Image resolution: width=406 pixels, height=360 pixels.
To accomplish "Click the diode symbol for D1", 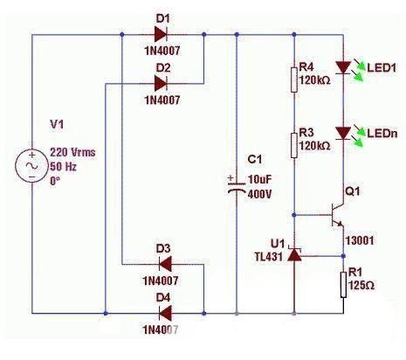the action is (161, 34).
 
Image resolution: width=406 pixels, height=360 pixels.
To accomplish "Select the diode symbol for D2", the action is (161, 84).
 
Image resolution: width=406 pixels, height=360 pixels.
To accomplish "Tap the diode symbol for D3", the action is (165, 265).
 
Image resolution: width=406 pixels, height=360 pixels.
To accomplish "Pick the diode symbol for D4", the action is (165, 314).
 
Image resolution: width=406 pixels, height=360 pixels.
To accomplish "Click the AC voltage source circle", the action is (31, 166).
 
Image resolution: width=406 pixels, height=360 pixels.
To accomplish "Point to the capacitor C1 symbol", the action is (237, 187).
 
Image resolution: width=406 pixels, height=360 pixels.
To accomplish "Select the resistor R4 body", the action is (294, 80).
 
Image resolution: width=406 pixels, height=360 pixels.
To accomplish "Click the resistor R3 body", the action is (294, 145).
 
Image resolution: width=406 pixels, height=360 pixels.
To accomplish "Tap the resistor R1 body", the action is (343, 285).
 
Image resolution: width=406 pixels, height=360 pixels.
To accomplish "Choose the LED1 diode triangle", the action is (343, 67).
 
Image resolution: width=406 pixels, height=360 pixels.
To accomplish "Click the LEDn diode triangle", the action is (343, 134).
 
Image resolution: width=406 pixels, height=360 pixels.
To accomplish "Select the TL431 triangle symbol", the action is (294, 254).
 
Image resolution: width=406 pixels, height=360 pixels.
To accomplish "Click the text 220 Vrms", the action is (72, 152).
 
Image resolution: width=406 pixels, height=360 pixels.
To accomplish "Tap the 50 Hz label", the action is (63, 167).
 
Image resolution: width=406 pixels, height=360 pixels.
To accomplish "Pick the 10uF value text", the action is (259, 179).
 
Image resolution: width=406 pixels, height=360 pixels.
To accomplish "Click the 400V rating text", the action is (259, 194).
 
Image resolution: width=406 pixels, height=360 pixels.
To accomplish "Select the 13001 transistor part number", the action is (360, 240).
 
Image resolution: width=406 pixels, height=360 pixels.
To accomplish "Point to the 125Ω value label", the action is (361, 285).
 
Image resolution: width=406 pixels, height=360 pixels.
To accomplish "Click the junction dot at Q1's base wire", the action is (294, 215).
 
